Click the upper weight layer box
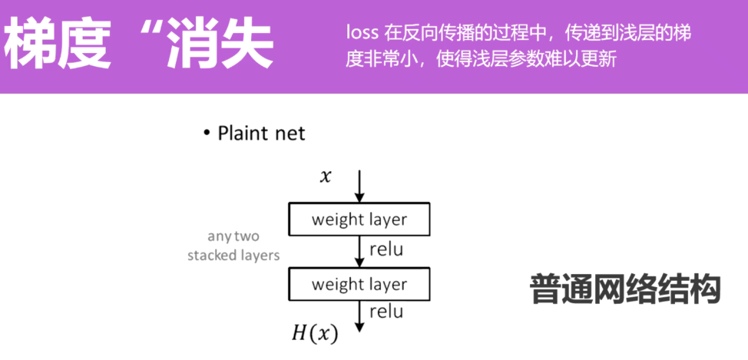[359, 220]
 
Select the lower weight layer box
[359, 285]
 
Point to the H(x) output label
[315, 333]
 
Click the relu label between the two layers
[386, 249]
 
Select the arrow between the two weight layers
[359, 252]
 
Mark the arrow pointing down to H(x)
[359, 316]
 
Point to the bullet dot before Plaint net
[207, 134]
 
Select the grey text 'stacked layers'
[233, 255]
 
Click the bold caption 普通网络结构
[625, 289]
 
